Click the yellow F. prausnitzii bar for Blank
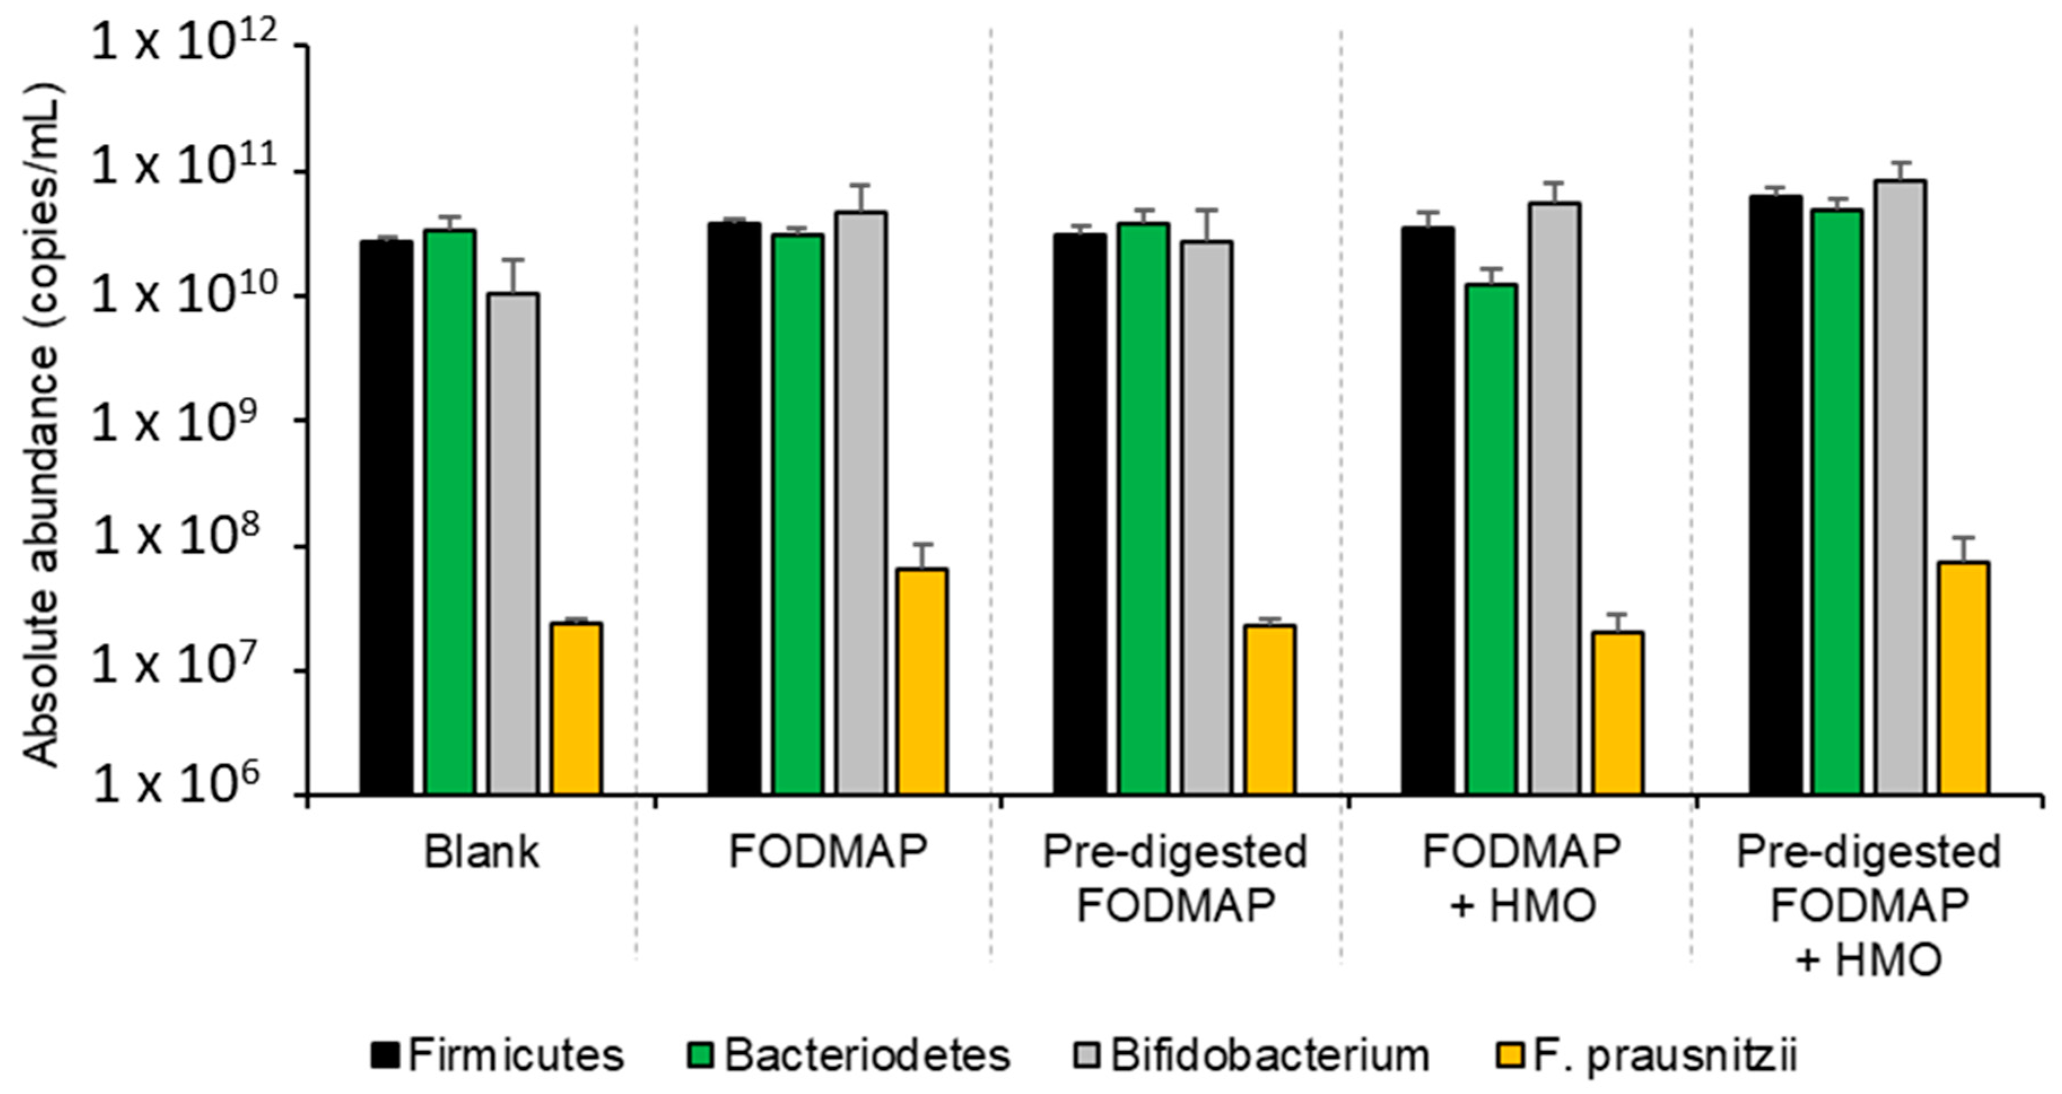576,708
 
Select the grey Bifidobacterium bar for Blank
513,544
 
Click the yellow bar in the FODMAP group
923,681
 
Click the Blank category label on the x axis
481,853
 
